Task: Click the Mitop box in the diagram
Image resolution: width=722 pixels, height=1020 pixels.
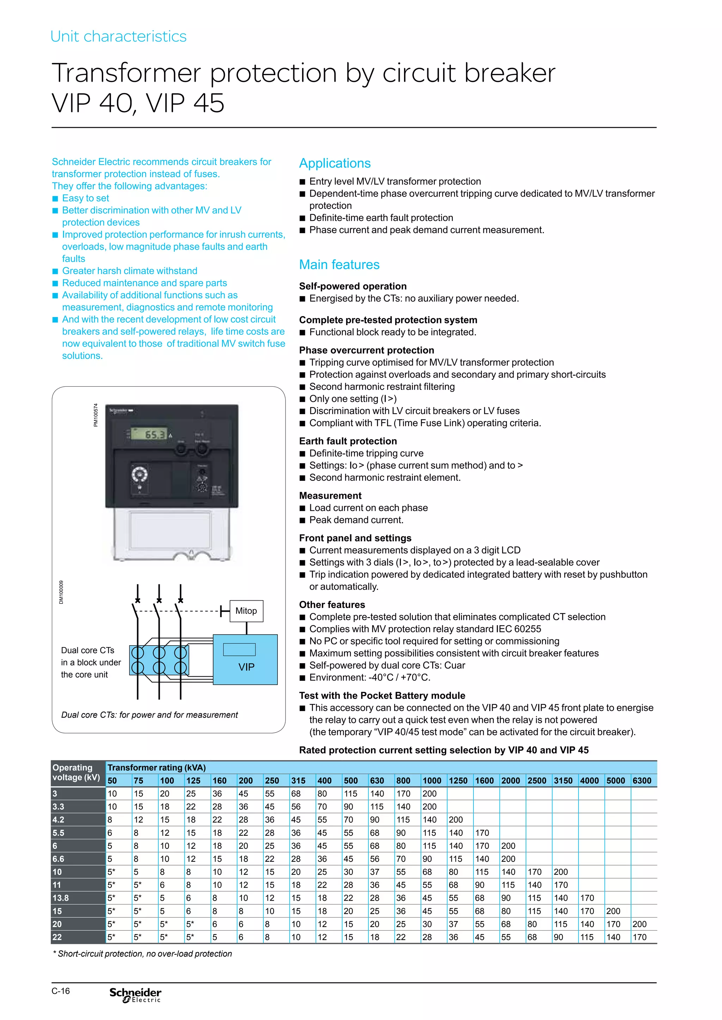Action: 246,611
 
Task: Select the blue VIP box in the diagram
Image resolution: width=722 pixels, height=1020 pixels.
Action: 245,659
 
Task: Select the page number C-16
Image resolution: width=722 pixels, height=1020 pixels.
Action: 61,991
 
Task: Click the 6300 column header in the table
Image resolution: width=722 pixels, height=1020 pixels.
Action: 642,780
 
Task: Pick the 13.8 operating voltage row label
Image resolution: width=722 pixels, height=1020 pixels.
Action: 61,898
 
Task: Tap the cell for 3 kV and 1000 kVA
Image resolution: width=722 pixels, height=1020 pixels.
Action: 429,794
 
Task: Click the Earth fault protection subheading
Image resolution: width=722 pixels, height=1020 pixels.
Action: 348,441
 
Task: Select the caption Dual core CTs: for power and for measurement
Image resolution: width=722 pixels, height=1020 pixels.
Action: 149,715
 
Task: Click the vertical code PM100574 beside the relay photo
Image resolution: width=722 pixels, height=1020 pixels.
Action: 95,415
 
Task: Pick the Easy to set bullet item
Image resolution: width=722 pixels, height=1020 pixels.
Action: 85,198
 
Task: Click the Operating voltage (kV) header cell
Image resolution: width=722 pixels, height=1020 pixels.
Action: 77,772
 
